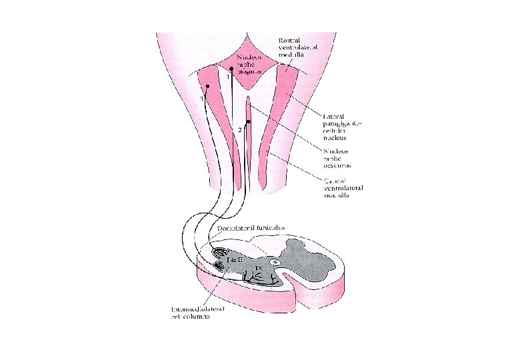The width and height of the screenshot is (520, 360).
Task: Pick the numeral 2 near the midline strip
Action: coord(240,129)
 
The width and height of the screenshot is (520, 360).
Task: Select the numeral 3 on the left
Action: coord(201,98)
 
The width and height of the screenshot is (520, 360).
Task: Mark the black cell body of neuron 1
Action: coord(231,69)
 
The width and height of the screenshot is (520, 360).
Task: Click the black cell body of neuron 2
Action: coord(248,122)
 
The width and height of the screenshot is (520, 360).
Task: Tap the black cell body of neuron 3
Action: coord(208,87)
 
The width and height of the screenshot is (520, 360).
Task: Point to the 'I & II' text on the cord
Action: coord(233,259)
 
